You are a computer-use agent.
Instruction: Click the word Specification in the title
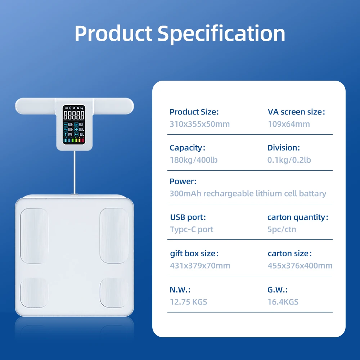[221, 33]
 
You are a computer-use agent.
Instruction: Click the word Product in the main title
[113, 33]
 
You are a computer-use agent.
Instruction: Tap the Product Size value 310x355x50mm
[199, 124]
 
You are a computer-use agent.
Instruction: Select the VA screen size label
[296, 112]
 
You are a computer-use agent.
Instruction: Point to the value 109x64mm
[289, 124]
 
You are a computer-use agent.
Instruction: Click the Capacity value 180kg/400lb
[194, 160]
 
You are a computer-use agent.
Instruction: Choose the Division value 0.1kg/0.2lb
[289, 160]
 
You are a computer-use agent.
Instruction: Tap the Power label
[183, 181]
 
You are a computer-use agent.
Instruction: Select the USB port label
[188, 217]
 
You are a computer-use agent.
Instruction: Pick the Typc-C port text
[192, 229]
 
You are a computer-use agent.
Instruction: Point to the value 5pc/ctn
[282, 229]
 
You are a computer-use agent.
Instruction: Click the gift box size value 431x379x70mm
[200, 266]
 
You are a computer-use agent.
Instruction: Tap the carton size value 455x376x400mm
[300, 266]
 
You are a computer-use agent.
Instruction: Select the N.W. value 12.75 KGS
[188, 302]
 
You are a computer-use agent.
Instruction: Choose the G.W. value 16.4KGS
[283, 302]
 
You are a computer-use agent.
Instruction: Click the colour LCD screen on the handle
[74, 125]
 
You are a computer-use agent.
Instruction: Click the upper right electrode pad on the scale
[114, 235]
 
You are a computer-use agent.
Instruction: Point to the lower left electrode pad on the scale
[34, 292]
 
